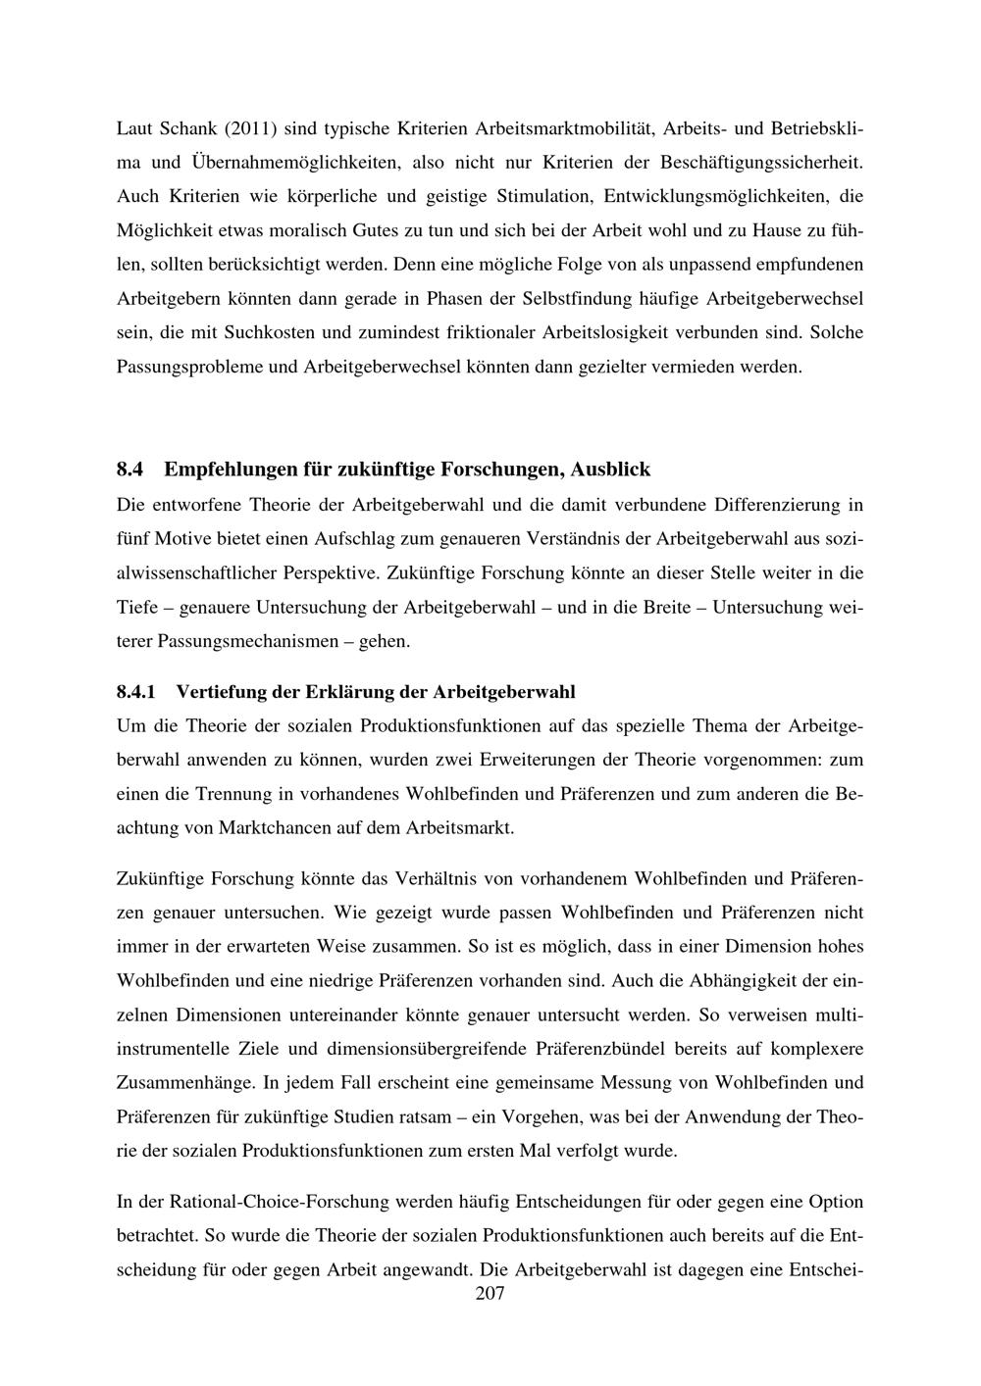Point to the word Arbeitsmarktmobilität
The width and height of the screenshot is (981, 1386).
coord(564,128)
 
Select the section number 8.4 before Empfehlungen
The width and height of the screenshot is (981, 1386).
coord(129,470)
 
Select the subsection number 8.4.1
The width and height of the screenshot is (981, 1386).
coord(136,692)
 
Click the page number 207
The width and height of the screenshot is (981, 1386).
coord(490,1295)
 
